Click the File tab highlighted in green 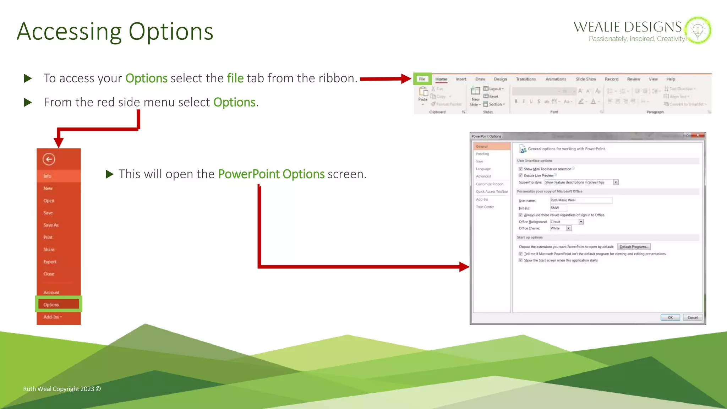click(x=422, y=79)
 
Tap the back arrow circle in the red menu click(x=49, y=159)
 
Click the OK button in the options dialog click(x=670, y=317)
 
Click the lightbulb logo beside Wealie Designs click(x=698, y=30)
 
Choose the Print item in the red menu click(x=48, y=237)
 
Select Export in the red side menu click(x=50, y=262)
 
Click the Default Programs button click(x=634, y=247)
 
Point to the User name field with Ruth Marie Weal click(x=581, y=200)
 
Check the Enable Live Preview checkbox click(x=520, y=175)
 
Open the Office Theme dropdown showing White click(x=569, y=228)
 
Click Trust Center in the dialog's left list click(x=485, y=207)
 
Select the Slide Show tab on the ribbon click(x=586, y=79)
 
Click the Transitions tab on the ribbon click(x=526, y=79)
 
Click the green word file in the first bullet click(x=235, y=78)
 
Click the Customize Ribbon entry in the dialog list click(x=490, y=184)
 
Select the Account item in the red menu click(x=51, y=293)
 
